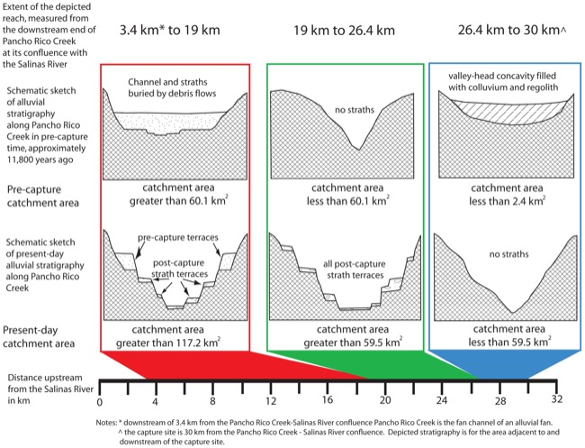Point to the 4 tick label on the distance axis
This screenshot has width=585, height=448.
(156, 400)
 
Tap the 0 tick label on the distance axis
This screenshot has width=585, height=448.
(100, 400)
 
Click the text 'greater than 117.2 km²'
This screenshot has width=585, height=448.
(175, 343)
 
